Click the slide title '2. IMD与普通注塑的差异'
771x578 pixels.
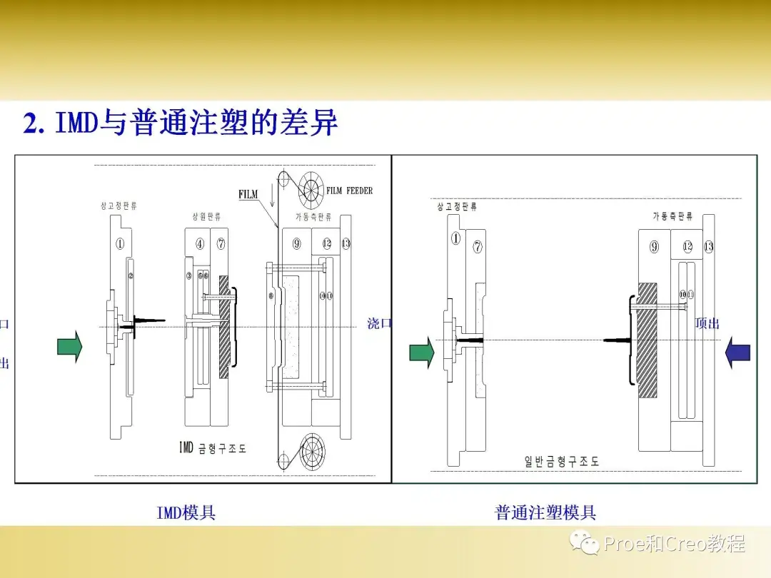[181, 123]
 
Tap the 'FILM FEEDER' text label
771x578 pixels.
[349, 191]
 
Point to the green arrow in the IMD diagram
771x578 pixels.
[69, 347]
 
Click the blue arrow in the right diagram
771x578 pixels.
[737, 353]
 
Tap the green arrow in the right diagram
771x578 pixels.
[421, 353]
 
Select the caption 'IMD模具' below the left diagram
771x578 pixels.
[186, 512]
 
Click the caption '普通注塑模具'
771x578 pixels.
[545, 512]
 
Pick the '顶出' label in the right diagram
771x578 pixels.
[707, 323]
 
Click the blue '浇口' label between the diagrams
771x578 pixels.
[380, 323]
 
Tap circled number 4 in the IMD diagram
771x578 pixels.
[200, 243]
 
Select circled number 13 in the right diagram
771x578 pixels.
[708, 247]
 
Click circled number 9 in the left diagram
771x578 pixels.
[296, 243]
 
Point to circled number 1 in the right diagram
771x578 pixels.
[455, 238]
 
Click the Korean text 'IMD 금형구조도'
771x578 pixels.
[212, 448]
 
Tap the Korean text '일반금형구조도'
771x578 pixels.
[562, 462]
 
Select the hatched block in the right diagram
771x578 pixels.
[647, 340]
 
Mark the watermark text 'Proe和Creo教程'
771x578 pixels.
[674, 544]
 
